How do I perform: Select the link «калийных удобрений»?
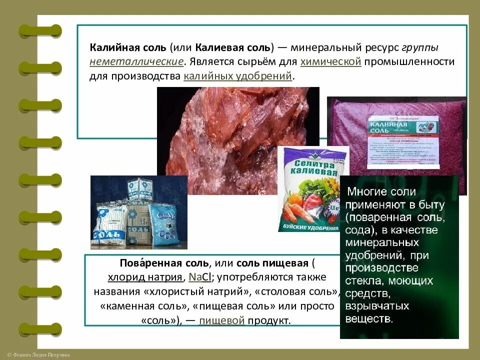click(x=237, y=76)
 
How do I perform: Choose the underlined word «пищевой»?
click(x=221, y=320)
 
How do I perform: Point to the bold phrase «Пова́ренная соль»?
click(x=162, y=263)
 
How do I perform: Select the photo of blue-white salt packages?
click(x=138, y=212)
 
